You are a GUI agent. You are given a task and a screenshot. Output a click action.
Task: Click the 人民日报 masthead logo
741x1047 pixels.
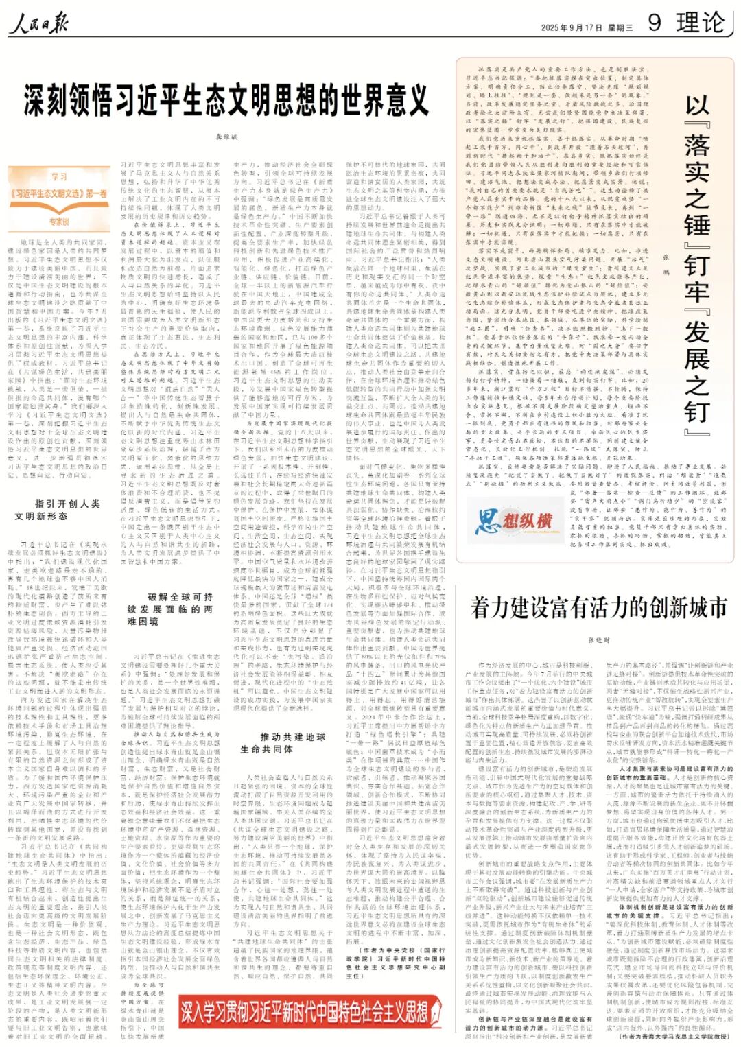(39, 25)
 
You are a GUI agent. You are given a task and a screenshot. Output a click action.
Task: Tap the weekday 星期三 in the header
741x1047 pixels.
(620, 28)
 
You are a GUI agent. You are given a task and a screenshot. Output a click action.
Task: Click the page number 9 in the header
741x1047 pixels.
(655, 23)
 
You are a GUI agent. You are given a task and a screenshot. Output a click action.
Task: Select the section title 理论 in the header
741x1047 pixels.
(700, 23)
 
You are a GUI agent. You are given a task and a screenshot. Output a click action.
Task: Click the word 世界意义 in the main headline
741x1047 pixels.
(373, 100)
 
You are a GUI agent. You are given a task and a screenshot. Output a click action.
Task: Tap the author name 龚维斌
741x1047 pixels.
(226, 137)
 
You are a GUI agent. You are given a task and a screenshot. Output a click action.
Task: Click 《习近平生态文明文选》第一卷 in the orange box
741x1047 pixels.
(59, 194)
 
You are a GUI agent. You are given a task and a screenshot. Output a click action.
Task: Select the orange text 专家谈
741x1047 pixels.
(59, 222)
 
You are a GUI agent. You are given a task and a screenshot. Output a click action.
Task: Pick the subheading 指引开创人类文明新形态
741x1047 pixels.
(58, 509)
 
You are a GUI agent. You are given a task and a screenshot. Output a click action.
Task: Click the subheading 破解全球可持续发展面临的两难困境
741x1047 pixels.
(170, 609)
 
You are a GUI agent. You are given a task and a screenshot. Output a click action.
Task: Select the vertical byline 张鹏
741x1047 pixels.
(665, 264)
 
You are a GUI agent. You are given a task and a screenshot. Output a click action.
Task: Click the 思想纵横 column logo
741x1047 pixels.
(514, 521)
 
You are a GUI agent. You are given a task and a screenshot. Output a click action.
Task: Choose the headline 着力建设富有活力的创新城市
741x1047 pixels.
(598, 607)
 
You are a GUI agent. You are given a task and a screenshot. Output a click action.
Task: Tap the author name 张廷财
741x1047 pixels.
(598, 639)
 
